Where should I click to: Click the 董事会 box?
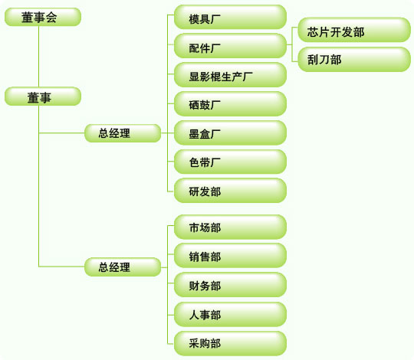pos(43,17)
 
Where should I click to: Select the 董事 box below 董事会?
pos(43,97)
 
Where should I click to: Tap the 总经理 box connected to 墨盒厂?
pos(123,133)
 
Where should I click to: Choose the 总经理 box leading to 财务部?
pos(123,267)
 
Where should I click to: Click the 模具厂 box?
pos(230,17)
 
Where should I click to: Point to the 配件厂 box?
pos(230,46)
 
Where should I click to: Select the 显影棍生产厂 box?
pos(230,74)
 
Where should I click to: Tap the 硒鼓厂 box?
pos(230,103)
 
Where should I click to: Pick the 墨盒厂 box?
pos(230,133)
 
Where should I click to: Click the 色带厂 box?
pos(230,162)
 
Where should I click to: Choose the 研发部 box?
pos(230,191)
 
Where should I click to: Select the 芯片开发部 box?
pos(354,30)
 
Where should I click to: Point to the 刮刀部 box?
pos(354,59)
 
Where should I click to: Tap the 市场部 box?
pos(230,227)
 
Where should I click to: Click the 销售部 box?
pos(230,256)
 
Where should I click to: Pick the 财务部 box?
pos(230,285)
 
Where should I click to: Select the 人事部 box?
pos(230,314)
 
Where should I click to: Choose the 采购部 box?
pos(230,343)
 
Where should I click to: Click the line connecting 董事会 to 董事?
pos(39,57)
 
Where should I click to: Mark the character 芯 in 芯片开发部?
pos(312,32)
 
